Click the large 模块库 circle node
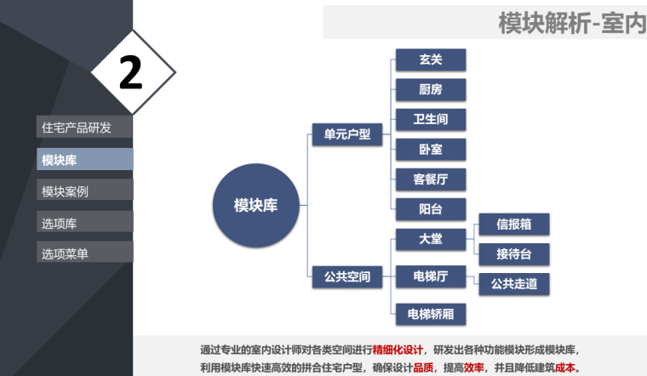click(255, 204)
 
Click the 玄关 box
click(431, 60)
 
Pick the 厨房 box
click(431, 89)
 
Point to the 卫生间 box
click(431, 119)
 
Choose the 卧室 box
click(431, 149)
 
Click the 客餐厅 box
click(431, 179)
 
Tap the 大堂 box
click(431, 239)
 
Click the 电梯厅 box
click(431, 276)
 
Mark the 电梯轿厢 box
click(431, 313)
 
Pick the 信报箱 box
click(514, 225)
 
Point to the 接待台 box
click(514, 254)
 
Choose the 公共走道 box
click(514, 283)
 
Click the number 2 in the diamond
click(130, 73)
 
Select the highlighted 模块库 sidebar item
click(84, 159)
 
